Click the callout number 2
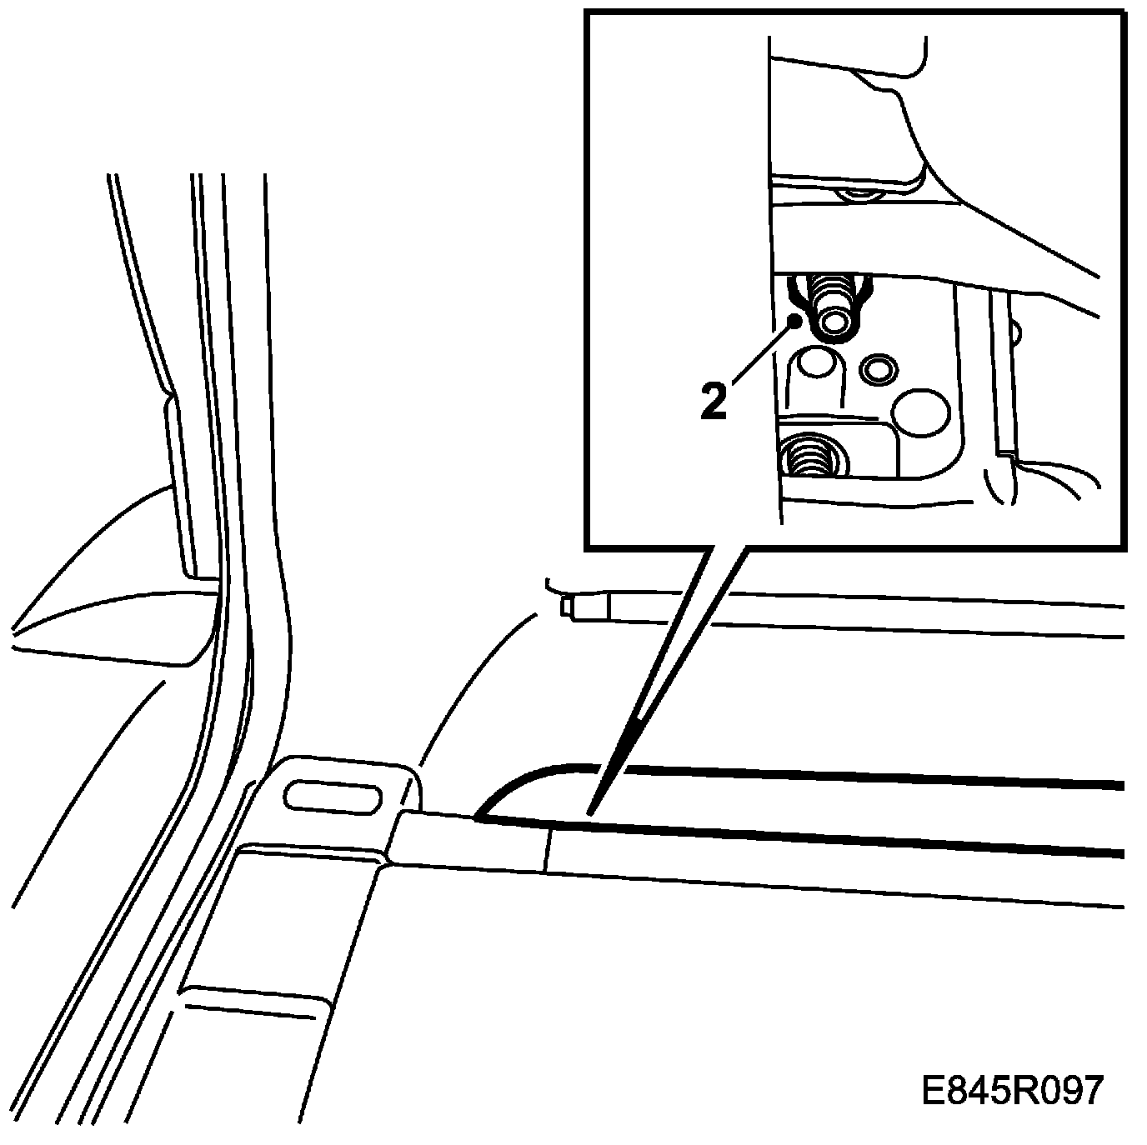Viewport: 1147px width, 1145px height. coord(714,401)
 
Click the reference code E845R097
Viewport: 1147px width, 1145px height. coord(1011,1091)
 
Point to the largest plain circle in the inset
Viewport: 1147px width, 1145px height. coord(919,412)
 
